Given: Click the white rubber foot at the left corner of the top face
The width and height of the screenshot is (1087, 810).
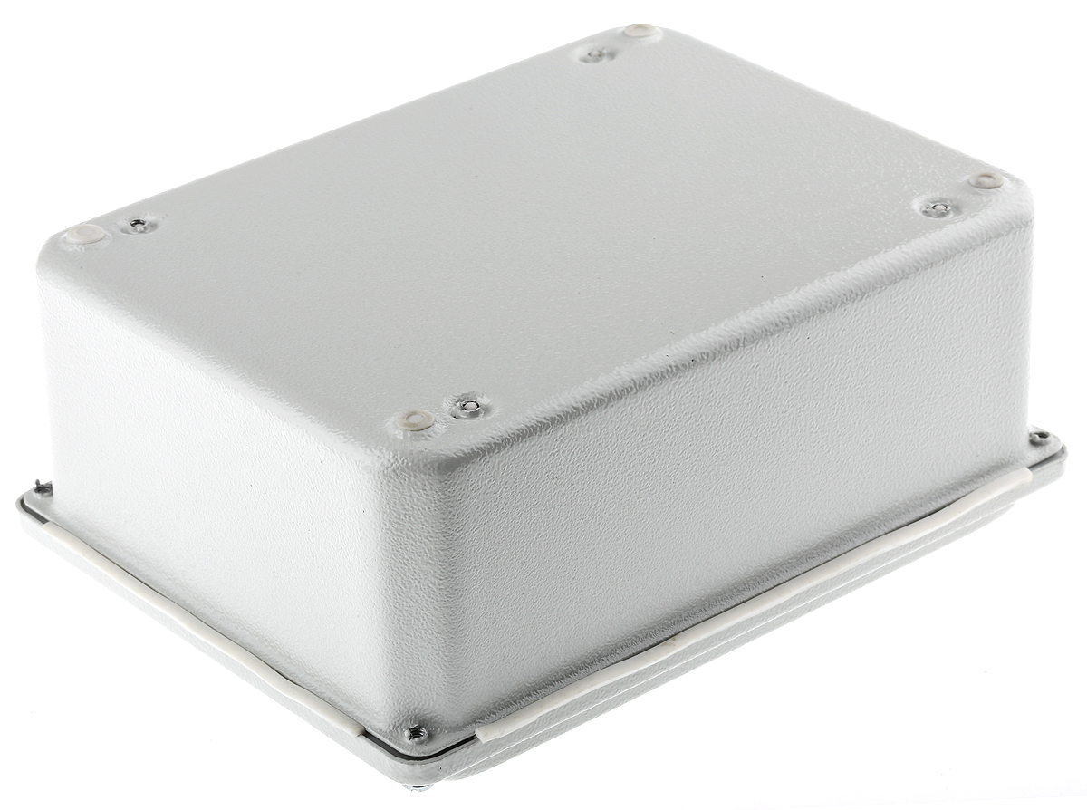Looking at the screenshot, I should click(x=85, y=236).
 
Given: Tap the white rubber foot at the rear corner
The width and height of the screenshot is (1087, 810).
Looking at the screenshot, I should click(x=640, y=32).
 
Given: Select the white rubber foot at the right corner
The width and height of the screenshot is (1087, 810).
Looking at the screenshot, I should click(x=986, y=181).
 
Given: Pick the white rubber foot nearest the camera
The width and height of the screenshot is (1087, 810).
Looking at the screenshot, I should click(x=415, y=420).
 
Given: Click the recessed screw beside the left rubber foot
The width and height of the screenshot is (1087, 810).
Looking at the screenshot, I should click(x=138, y=223).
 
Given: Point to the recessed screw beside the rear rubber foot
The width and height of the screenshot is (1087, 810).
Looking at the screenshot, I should click(x=595, y=54).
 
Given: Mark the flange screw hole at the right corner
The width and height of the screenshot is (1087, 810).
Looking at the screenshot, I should click(x=1040, y=439).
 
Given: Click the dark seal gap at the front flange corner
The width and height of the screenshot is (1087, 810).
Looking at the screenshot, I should click(x=426, y=750).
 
